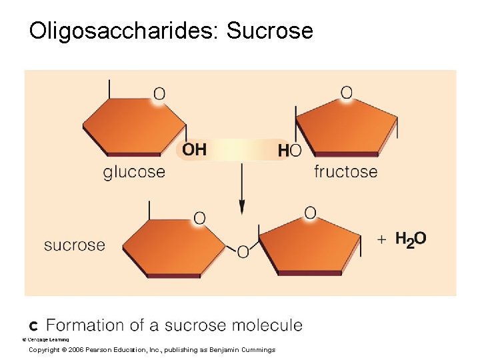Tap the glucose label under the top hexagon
pyautogui.click(x=134, y=172)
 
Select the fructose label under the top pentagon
pyautogui.click(x=345, y=172)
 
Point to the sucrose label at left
pyautogui.click(x=75, y=245)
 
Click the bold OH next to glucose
pyautogui.click(x=194, y=149)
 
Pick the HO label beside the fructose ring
pyautogui.click(x=289, y=151)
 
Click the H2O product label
pyautogui.click(x=411, y=239)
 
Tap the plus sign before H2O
pyautogui.click(x=381, y=239)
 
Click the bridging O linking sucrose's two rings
pyautogui.click(x=243, y=251)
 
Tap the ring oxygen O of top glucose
pyautogui.click(x=159, y=94)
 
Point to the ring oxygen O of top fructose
pyautogui.click(x=347, y=93)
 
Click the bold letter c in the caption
pyautogui.click(x=33, y=325)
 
